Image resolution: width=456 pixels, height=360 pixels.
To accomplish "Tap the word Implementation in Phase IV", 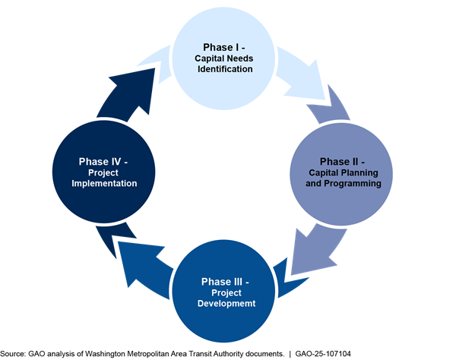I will pyautogui.click(x=111, y=184).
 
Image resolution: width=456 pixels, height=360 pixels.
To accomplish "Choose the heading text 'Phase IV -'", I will pyautogui.click(x=111, y=161).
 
